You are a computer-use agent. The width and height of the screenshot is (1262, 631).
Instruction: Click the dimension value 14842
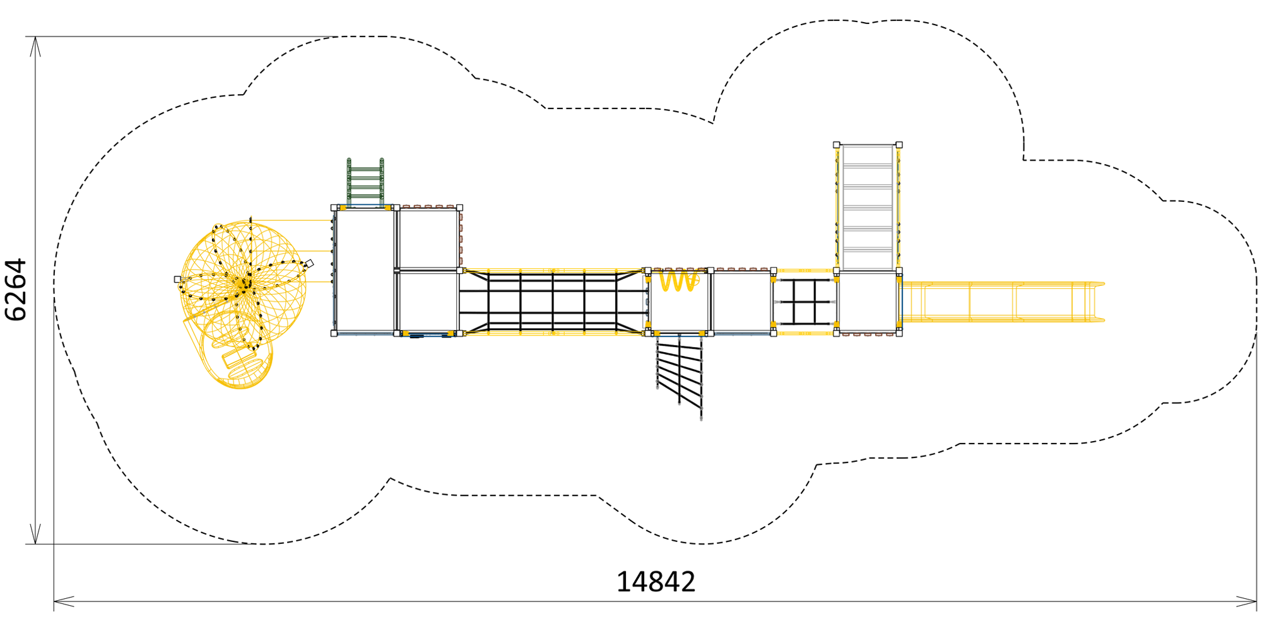click(x=656, y=582)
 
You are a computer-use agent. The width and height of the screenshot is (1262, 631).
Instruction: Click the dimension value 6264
click(x=16, y=290)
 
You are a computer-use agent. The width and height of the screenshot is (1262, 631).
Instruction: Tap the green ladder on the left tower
click(x=365, y=182)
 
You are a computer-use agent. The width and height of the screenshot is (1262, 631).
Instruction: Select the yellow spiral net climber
click(x=243, y=297)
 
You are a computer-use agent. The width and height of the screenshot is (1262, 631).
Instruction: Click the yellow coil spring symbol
click(x=678, y=281)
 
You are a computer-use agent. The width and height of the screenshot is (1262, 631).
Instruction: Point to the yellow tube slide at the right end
click(x=1003, y=302)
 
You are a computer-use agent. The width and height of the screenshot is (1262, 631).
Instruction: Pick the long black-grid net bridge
click(x=553, y=302)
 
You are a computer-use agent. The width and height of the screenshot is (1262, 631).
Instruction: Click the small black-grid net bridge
click(x=805, y=302)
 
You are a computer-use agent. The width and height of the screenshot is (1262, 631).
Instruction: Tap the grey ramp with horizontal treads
click(x=868, y=208)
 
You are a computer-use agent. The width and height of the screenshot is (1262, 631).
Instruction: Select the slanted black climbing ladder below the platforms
click(x=680, y=375)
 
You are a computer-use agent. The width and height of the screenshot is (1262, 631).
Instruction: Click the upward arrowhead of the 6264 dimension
click(x=35, y=46)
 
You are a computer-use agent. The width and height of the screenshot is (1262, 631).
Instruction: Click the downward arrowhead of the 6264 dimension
click(x=35, y=534)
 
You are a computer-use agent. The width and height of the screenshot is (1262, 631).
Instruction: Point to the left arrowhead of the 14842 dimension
click(x=64, y=601)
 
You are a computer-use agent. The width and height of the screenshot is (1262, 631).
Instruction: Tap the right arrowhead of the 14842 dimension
click(x=1246, y=601)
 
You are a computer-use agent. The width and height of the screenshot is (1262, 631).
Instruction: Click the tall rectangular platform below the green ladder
click(x=365, y=270)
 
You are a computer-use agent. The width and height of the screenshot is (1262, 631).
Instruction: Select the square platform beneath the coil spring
click(x=680, y=302)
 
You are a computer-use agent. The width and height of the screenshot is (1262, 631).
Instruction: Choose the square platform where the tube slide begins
click(x=868, y=302)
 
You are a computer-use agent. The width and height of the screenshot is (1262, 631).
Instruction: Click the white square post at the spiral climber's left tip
click(x=177, y=279)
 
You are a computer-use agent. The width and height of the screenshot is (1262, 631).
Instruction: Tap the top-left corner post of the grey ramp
click(x=837, y=144)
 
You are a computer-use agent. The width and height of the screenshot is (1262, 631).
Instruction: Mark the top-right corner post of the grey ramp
click(x=899, y=144)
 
